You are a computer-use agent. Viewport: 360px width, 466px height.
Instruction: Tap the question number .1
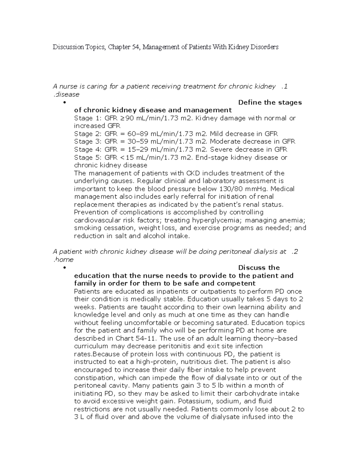tap(284, 87)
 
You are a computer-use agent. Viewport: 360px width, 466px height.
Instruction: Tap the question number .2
tap(295, 252)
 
